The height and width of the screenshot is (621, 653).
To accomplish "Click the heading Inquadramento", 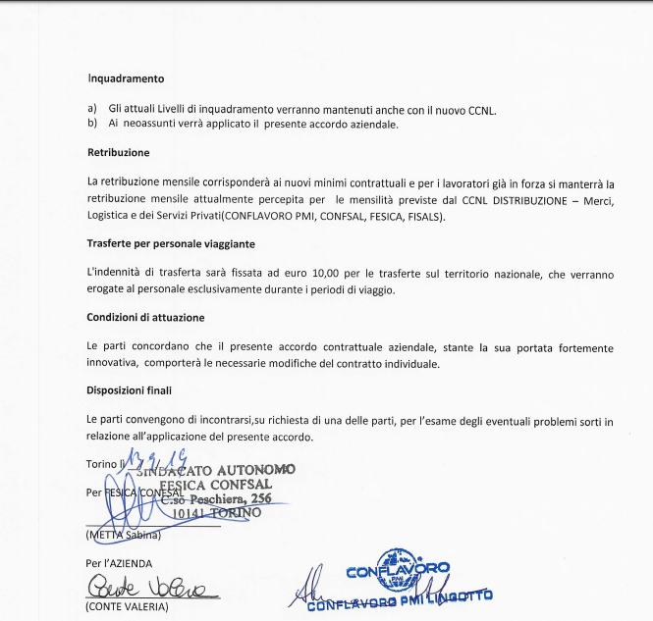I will click(126, 78).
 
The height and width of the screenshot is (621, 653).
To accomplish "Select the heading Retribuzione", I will click(119, 153).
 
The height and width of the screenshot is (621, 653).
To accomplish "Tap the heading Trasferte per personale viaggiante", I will click(171, 243).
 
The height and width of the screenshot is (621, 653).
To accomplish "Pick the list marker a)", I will click(92, 109).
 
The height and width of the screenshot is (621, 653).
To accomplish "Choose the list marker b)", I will click(92, 124).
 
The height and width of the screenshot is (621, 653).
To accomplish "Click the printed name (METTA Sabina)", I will click(124, 536).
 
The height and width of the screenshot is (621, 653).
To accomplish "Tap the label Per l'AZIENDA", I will click(120, 562).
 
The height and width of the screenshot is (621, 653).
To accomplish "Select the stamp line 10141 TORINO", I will click(216, 512).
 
